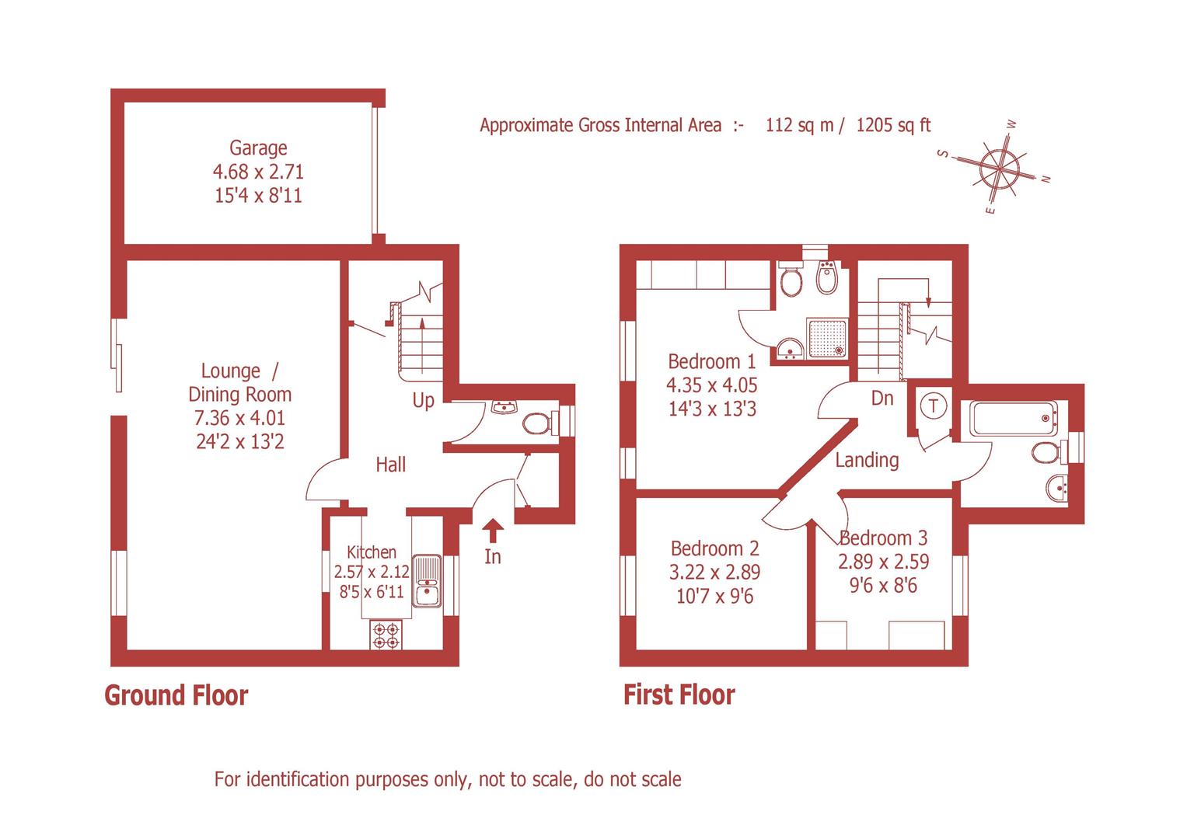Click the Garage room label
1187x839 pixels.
(258, 148)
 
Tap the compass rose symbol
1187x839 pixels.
(998, 166)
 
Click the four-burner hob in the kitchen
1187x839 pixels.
(387, 635)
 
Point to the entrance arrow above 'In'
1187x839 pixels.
(493, 531)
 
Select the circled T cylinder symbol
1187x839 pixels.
(934, 406)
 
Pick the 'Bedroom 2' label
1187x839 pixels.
(714, 548)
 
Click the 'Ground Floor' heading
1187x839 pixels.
(176, 695)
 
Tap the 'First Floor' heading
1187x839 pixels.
(679, 695)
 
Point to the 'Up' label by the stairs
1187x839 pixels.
(423, 401)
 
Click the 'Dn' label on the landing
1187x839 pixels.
(882, 399)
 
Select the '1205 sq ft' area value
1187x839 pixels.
(893, 125)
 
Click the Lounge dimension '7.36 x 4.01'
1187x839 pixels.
(239, 418)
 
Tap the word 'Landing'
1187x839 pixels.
(867, 460)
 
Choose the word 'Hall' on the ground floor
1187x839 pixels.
(390, 465)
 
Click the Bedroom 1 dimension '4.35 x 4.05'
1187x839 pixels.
(711, 385)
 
